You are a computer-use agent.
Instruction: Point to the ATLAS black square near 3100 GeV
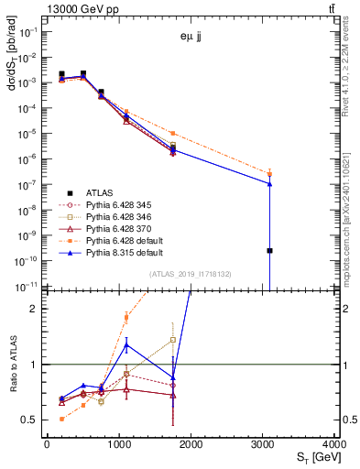point(270,250)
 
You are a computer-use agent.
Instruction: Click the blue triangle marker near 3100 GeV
point(270,183)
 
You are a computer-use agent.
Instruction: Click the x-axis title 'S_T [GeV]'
point(313,456)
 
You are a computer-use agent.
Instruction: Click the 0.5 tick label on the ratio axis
point(31,420)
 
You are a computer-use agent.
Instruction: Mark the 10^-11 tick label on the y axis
point(27,287)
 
